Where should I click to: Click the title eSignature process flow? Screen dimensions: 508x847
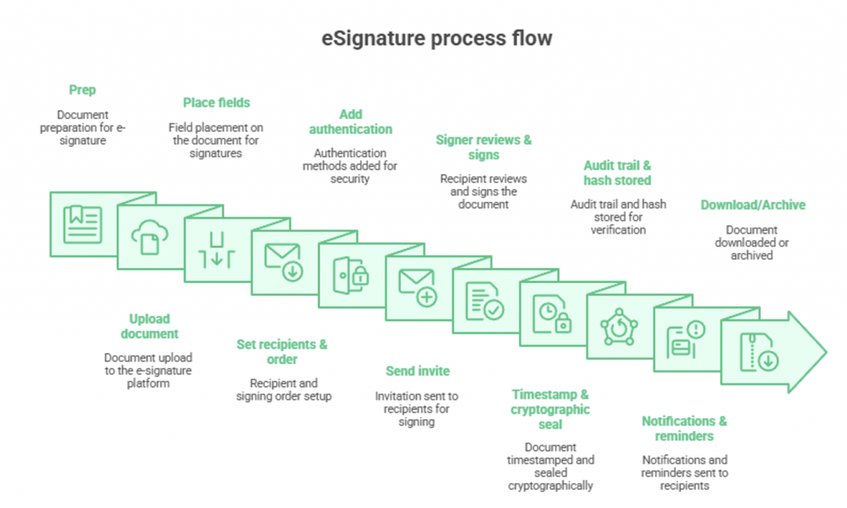point(436,39)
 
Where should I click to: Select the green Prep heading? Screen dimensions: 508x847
point(83,89)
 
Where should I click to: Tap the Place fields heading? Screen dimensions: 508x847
point(216,103)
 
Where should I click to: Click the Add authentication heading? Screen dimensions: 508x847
point(351,122)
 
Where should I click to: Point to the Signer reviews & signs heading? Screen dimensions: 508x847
point(484,147)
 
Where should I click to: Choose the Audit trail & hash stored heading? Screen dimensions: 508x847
point(617,173)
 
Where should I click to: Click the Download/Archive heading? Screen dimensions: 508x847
point(753,204)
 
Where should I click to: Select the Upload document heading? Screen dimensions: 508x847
point(149,326)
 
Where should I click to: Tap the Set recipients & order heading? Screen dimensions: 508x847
point(282,352)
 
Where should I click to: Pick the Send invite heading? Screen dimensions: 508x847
point(418,371)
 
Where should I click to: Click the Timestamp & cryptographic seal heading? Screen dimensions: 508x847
point(550,410)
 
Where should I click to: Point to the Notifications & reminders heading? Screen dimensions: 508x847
point(684,429)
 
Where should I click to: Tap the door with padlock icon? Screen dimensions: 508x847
point(351,275)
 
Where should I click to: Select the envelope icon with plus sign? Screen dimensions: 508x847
point(418,287)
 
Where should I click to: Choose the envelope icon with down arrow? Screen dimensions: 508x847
point(284,261)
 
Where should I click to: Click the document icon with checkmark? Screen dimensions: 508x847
point(485,301)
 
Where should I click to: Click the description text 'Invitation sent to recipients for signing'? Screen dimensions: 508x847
point(417,409)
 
